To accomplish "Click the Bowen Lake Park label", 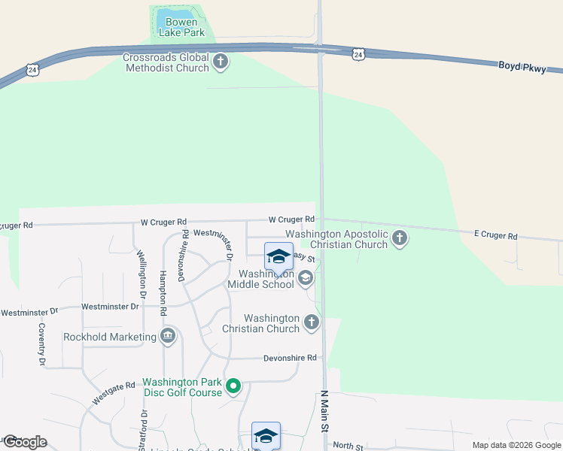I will point(182,28).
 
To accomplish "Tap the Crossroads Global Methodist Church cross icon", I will point(221,62).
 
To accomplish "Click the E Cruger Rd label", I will point(496,236).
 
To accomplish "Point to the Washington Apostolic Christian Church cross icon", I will point(400,238).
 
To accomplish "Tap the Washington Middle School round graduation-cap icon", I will point(306,279).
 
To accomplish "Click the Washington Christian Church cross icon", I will point(312,323).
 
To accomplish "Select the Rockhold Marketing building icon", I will point(168,337).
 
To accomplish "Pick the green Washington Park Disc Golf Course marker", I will point(233,387).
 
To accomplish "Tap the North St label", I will point(348,446).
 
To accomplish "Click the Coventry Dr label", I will point(42,344).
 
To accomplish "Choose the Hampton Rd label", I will point(163,288).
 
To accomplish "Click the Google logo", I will point(24,442).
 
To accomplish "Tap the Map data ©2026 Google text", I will point(516,445).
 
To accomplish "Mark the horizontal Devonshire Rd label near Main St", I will point(290,359).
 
